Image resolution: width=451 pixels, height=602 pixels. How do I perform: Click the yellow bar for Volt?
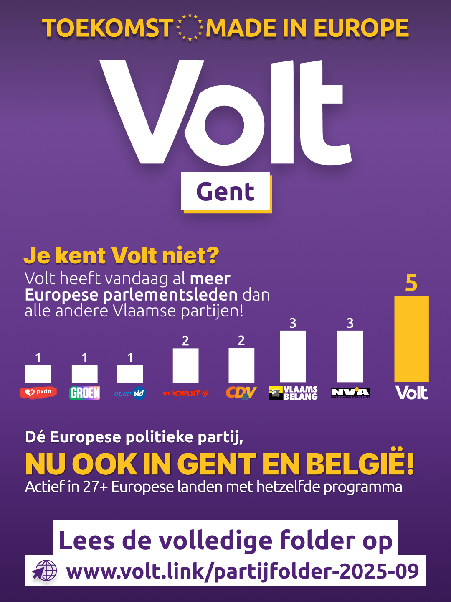pyautogui.click(x=411, y=339)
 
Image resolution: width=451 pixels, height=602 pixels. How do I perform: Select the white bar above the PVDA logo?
pyautogui.click(x=38, y=374)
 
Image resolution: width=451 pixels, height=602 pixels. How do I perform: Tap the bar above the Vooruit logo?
pyautogui.click(x=185, y=365)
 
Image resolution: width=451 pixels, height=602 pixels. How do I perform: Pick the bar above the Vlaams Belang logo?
pyautogui.click(x=293, y=356)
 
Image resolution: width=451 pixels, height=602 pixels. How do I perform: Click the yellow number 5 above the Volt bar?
pyautogui.click(x=411, y=283)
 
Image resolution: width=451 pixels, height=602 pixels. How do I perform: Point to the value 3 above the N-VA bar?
pyautogui.click(x=350, y=323)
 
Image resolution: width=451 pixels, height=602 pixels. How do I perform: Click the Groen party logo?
pyautogui.click(x=85, y=393)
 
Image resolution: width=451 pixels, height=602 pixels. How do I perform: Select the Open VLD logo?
pyautogui.click(x=130, y=393)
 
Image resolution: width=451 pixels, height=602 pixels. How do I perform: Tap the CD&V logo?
pyautogui.click(x=241, y=393)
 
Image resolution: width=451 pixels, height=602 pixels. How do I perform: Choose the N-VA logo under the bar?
pyautogui.click(x=350, y=393)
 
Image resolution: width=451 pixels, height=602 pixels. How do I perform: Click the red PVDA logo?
pyautogui.click(x=38, y=393)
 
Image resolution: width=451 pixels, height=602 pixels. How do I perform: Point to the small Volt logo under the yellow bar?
pyautogui.click(x=411, y=393)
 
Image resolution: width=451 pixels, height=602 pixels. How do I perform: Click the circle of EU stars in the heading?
pyautogui.click(x=190, y=28)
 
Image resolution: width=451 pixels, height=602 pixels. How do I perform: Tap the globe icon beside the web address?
pyautogui.click(x=45, y=571)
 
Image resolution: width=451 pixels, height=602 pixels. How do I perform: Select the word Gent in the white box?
pyautogui.click(x=225, y=192)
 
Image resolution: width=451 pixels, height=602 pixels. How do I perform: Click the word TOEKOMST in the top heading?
pyautogui.click(x=107, y=28)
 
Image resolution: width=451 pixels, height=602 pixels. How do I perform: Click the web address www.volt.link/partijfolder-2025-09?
pyautogui.click(x=242, y=571)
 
